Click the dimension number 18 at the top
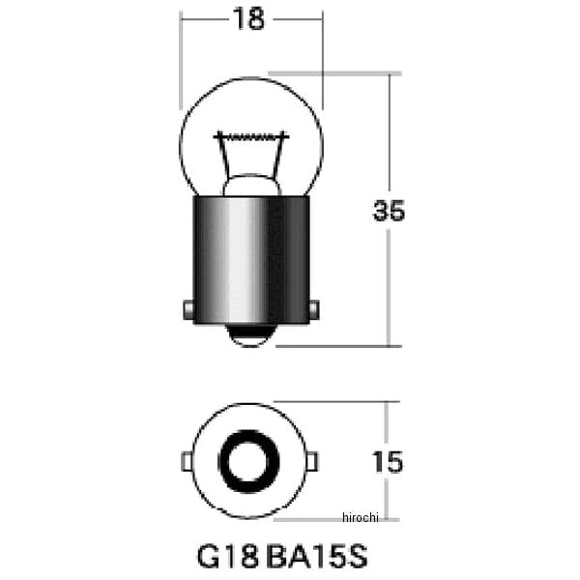(248, 19)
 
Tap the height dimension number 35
(389, 211)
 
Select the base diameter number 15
(388, 462)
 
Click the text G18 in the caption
(227, 557)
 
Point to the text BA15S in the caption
(317, 557)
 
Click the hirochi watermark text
(361, 517)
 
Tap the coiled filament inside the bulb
(251, 137)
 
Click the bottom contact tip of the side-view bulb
(251, 335)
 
